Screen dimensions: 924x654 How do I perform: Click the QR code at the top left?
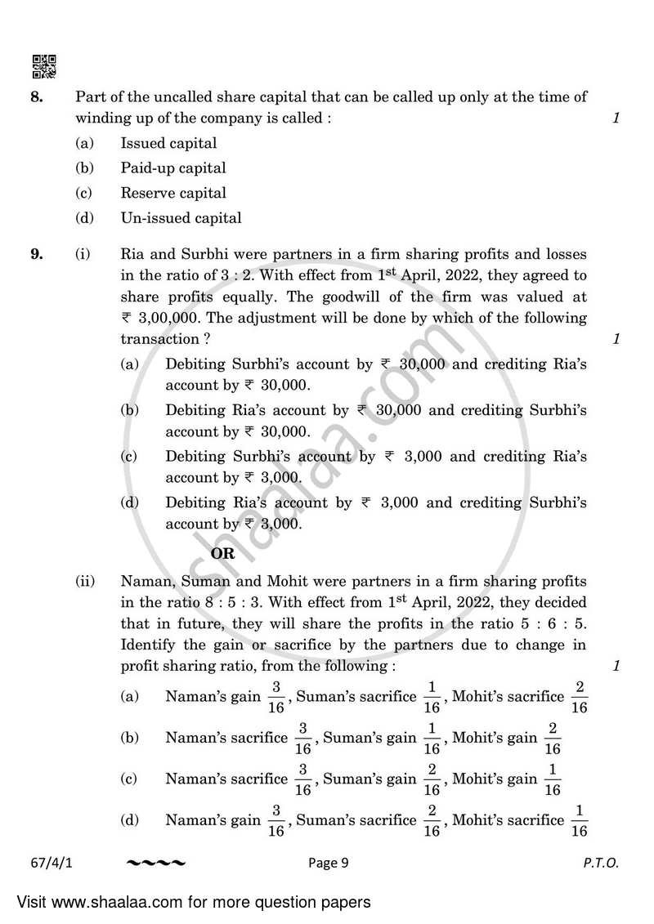click(x=43, y=66)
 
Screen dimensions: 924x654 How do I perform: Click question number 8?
click(x=36, y=97)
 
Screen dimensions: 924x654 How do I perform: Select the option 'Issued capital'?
click(x=168, y=144)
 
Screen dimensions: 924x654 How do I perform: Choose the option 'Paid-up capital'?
click(x=173, y=168)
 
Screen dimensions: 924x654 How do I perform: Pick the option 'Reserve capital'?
click(x=173, y=194)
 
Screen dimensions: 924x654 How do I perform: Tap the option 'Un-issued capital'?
click(x=181, y=218)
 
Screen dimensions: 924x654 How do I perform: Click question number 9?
click(x=36, y=254)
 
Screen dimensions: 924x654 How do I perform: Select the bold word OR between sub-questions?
click(x=223, y=553)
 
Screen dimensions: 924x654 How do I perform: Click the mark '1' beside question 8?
click(x=616, y=118)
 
